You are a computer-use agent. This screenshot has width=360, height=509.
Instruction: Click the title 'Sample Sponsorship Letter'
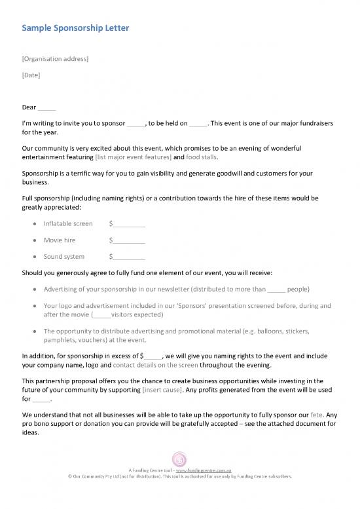pyautogui.click(x=75, y=28)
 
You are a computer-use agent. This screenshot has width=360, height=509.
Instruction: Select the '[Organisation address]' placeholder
pyautogui.click(x=55, y=59)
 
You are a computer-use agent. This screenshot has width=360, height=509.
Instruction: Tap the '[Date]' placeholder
pyautogui.click(x=31, y=75)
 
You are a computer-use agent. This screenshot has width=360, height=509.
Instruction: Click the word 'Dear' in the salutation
pyautogui.click(x=29, y=107)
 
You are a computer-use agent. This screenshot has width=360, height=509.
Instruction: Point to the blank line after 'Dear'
pyautogui.click(x=47, y=108)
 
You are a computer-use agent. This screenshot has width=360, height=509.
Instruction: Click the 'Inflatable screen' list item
pyautogui.click(x=68, y=224)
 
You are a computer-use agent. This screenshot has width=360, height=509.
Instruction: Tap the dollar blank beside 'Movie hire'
pyautogui.click(x=127, y=240)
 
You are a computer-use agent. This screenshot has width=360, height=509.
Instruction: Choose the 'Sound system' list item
pyautogui.click(x=64, y=257)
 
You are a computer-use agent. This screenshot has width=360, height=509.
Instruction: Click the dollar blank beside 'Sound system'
pyautogui.click(x=127, y=257)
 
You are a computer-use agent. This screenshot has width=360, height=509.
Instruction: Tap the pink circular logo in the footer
pyautogui.click(x=179, y=459)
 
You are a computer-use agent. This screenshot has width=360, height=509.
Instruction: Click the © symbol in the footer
pyautogui.click(x=71, y=477)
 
